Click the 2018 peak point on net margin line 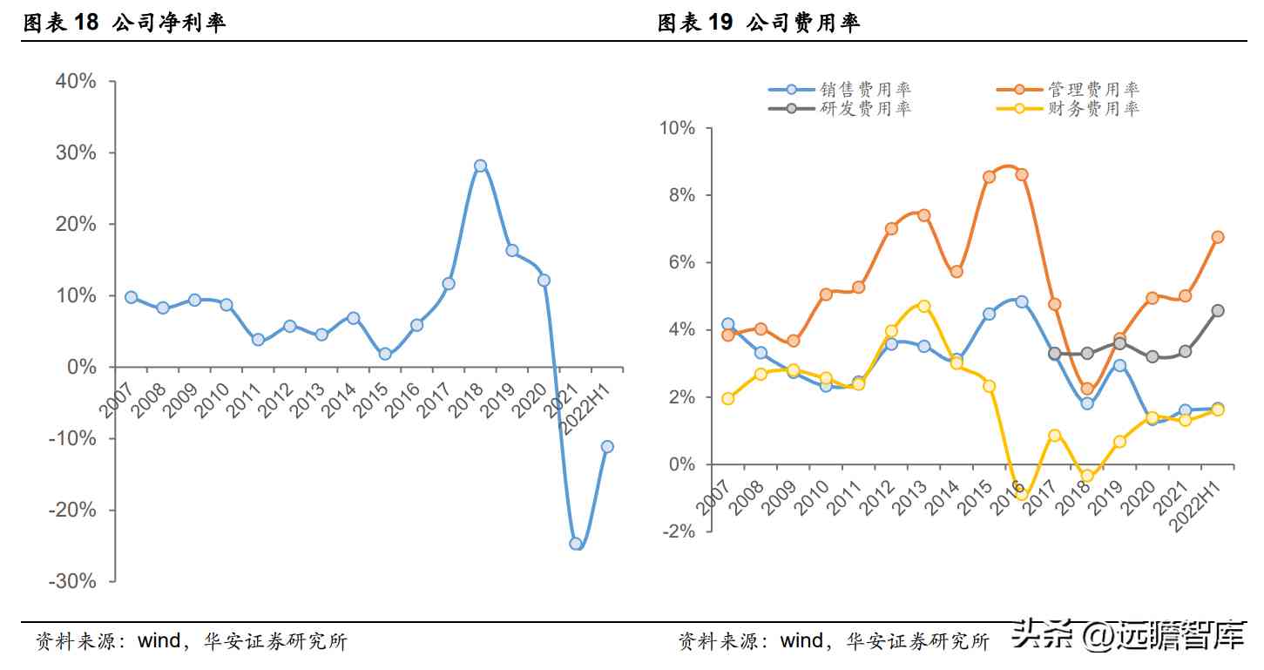pos(480,166)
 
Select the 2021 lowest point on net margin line pos(575,543)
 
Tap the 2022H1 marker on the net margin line pos(607,447)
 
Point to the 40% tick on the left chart pos(76,81)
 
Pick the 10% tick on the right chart pos(677,128)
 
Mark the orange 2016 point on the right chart pos(1022,174)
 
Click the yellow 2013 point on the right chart pos(923,306)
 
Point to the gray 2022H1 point pos(1218,310)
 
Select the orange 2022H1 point pos(1218,236)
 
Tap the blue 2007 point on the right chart pos(727,324)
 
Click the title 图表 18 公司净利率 pos(124,24)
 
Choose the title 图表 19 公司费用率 pos(758,24)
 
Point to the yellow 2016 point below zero pos(1022,494)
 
